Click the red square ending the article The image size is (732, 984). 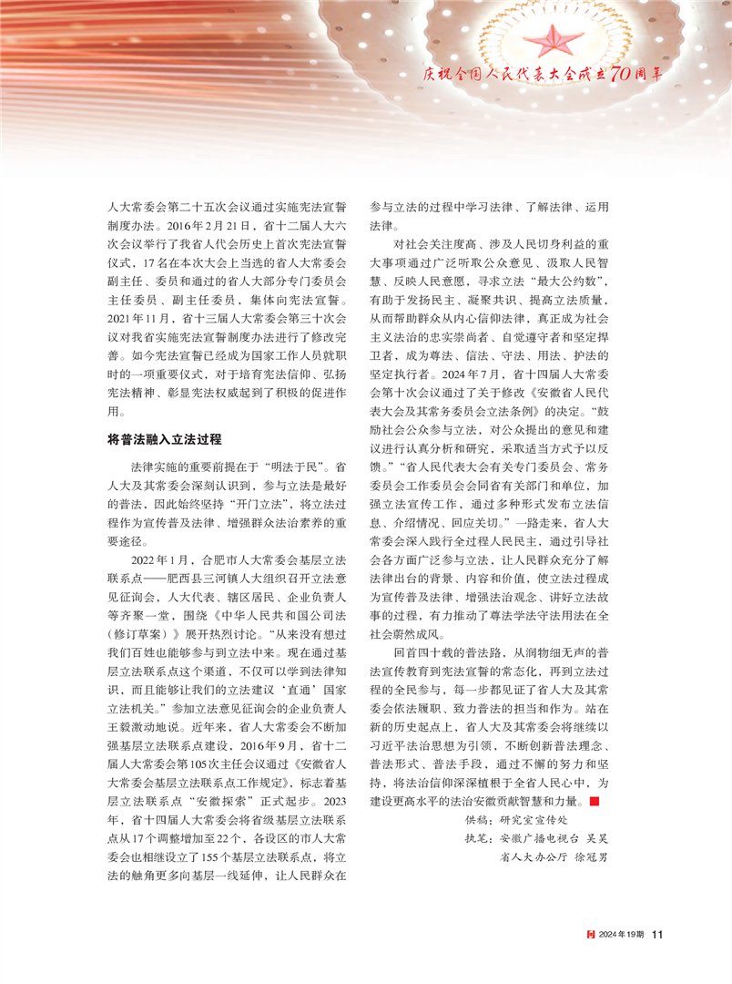pyautogui.click(x=594, y=775)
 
